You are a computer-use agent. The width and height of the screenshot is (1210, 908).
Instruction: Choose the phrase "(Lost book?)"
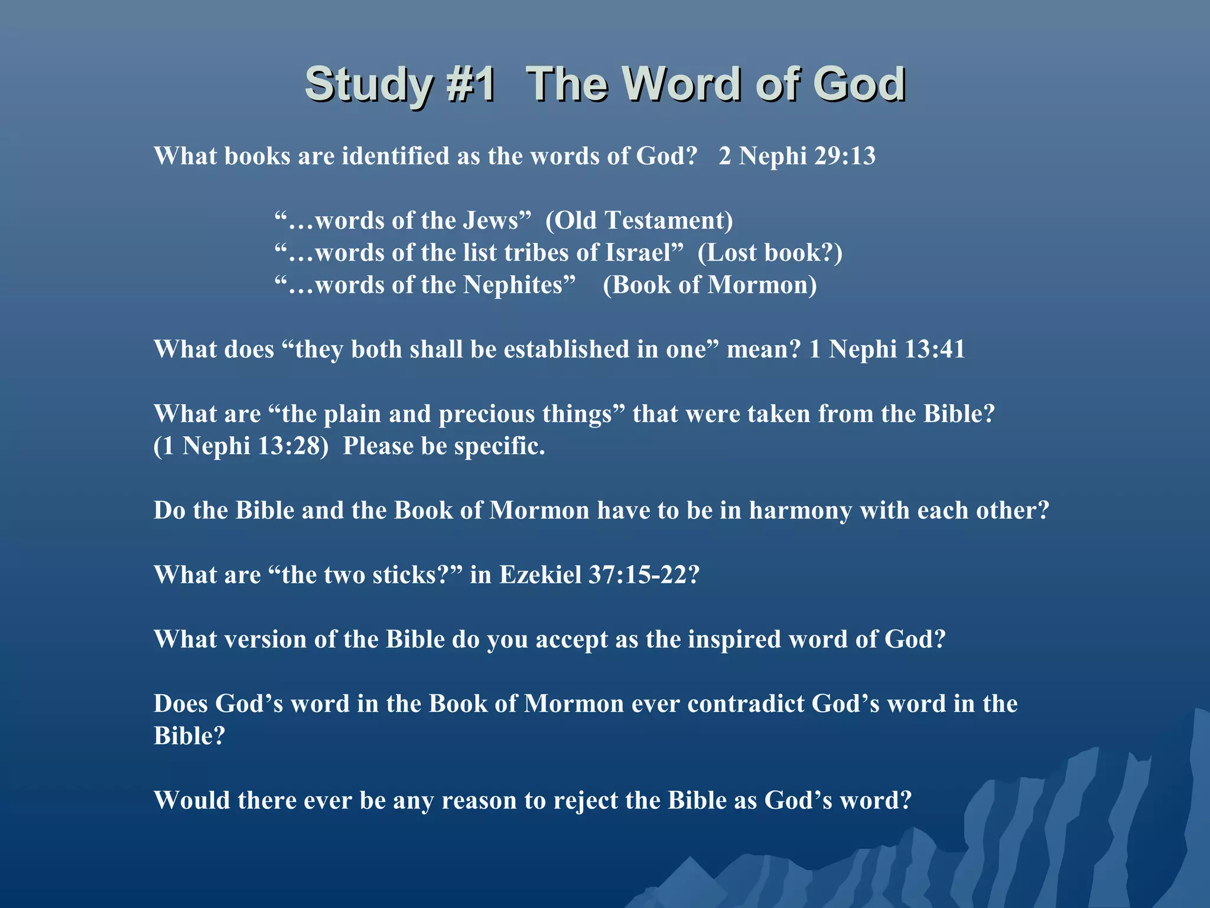770,253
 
